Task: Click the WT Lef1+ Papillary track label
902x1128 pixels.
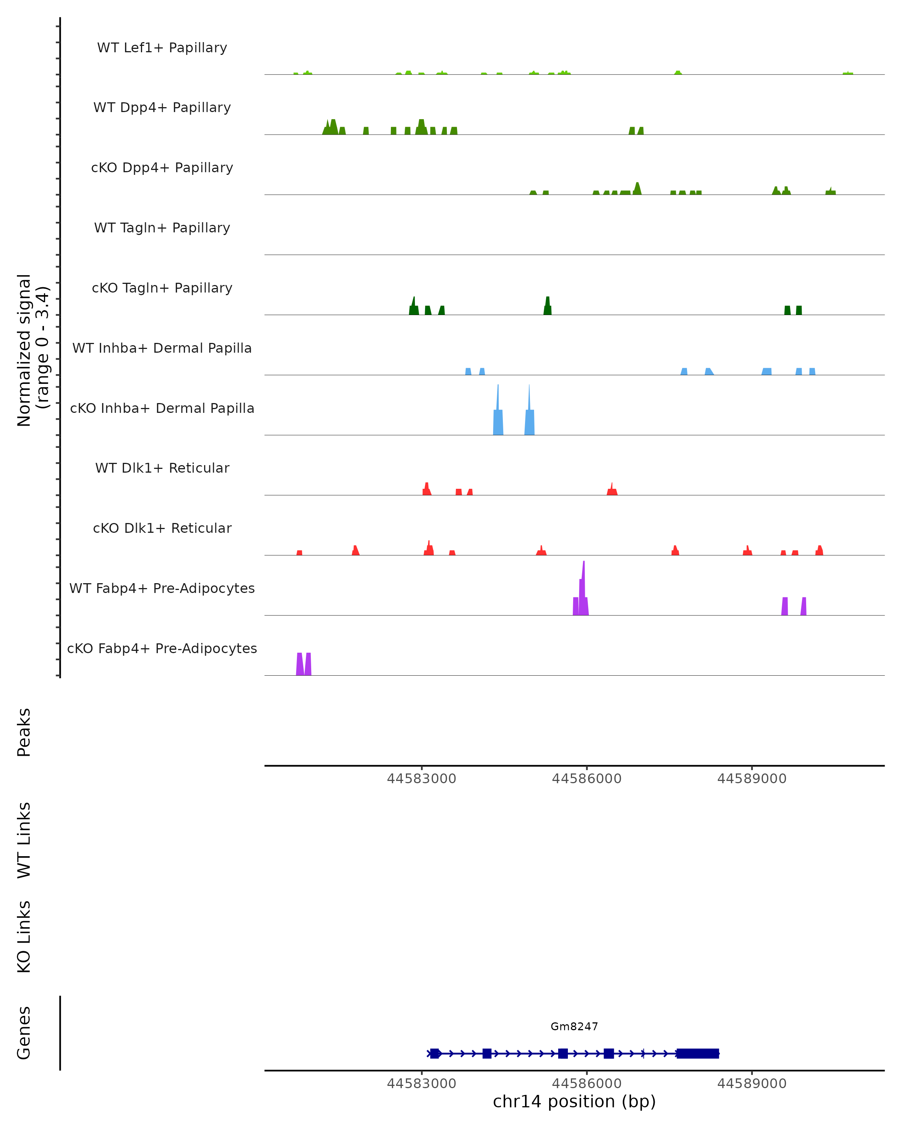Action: (162, 48)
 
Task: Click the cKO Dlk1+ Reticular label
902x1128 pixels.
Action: (162, 528)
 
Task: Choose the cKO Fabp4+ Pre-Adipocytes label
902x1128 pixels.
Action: (162, 648)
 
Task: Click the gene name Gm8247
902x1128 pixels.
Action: (574, 1026)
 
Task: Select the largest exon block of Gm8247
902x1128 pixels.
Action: (698, 1054)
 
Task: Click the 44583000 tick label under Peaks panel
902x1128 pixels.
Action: (421, 779)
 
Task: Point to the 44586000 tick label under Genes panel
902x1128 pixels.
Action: (587, 1084)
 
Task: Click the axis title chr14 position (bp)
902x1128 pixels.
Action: (574, 1102)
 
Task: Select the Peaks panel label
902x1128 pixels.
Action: (24, 732)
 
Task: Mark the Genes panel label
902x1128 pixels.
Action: (24, 1033)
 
